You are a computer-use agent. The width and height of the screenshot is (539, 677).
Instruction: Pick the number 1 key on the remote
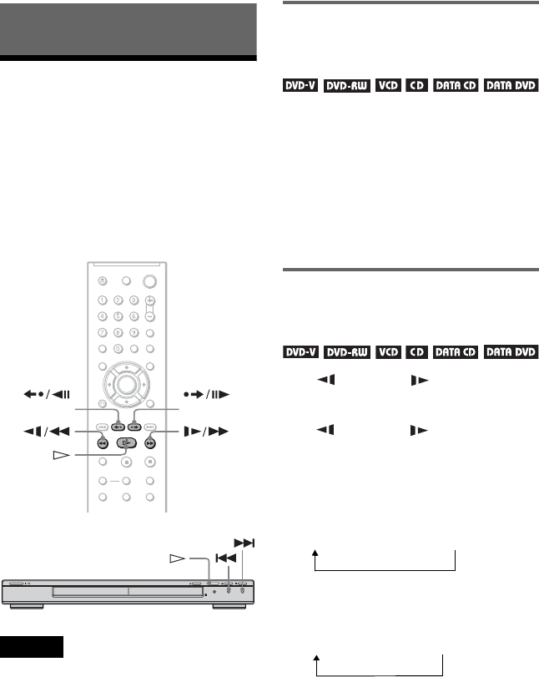[102, 301]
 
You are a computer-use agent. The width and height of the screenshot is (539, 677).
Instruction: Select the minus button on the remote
[151, 316]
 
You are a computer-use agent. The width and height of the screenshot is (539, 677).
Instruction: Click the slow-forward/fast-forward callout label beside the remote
[202, 432]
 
